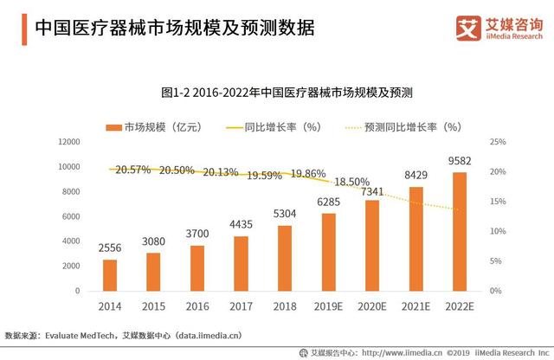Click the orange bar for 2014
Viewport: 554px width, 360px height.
[110, 274]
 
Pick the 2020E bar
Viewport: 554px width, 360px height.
[373, 245]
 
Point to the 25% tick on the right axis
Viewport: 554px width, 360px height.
[497, 142]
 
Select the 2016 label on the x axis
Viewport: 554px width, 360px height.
[197, 306]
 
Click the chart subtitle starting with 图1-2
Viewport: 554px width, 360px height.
[287, 91]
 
